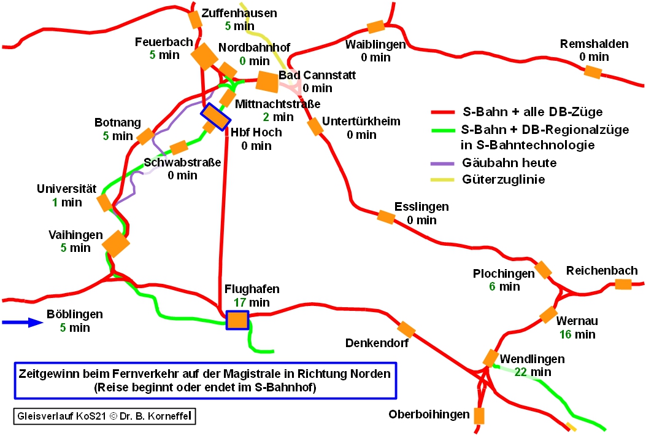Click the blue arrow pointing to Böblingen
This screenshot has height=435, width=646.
click(x=21, y=321)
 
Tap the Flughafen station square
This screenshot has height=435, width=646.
click(x=237, y=320)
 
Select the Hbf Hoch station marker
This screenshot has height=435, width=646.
click(x=215, y=117)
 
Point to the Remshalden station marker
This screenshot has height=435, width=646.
click(x=592, y=72)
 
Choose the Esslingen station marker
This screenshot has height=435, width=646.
click(x=385, y=217)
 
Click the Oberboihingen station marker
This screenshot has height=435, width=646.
click(x=479, y=416)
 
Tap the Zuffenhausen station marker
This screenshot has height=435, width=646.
click(x=195, y=20)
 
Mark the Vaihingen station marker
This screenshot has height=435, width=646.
click(x=116, y=244)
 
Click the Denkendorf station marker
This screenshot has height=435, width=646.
click(x=406, y=329)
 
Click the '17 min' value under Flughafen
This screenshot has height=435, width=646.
click(x=252, y=302)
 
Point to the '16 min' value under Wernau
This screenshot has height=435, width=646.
click(x=577, y=335)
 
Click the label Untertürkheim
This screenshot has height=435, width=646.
click(x=361, y=121)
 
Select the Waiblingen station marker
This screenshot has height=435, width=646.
click(x=375, y=27)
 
